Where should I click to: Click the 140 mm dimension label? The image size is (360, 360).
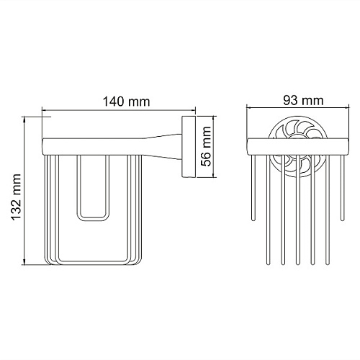(126, 102)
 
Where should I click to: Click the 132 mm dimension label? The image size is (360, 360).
(17, 197)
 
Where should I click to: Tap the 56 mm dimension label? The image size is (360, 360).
(206, 146)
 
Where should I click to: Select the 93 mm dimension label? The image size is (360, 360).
(303, 100)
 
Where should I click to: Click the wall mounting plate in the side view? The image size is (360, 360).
(189, 147)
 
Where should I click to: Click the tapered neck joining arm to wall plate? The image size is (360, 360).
(163, 147)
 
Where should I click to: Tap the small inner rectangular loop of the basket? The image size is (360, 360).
(93, 188)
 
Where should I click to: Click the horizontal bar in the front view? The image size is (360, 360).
(297, 147)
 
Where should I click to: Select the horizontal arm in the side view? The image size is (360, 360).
(93, 147)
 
